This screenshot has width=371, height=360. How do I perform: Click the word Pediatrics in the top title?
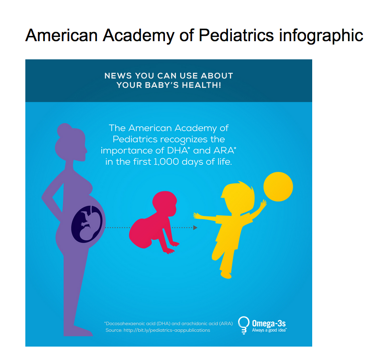point(236,35)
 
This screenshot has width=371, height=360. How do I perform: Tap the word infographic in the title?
point(321,36)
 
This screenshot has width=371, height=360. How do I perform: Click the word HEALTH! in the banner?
point(201,85)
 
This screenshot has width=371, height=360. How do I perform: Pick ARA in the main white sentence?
point(225,151)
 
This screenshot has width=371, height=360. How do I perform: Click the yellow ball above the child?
point(278,187)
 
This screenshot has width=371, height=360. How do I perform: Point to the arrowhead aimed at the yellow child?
point(195,227)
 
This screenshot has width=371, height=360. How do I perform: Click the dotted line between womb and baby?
point(118,227)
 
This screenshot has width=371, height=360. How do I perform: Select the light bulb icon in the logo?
point(243,325)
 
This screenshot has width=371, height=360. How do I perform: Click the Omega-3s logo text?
point(269,324)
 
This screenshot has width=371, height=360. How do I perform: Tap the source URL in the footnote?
point(167,330)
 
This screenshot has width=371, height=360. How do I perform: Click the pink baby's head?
point(165,202)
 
